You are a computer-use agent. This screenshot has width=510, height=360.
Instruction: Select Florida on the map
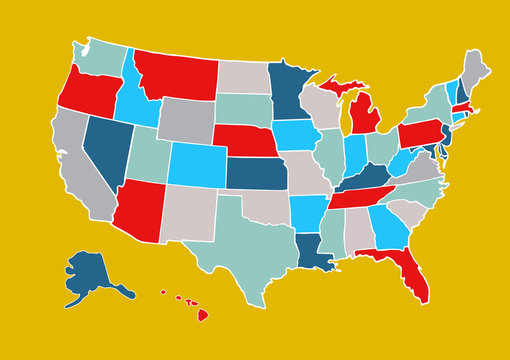click(410, 270)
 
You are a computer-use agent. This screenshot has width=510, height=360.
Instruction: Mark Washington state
click(97, 58)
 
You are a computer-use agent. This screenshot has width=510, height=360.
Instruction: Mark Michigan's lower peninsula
click(366, 120)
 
